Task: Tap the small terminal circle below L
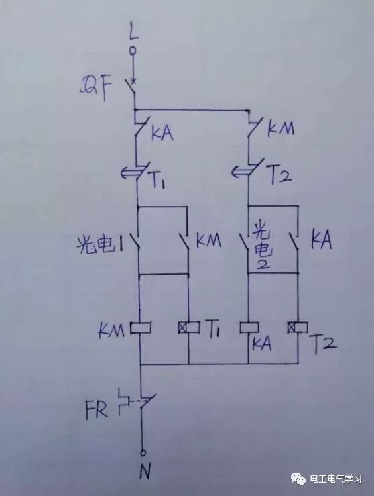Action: pyautogui.click(x=133, y=50)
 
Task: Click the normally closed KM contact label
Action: pyautogui.click(x=281, y=128)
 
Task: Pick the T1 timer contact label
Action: pyautogui.click(x=158, y=181)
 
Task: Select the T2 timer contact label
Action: pyautogui.click(x=279, y=175)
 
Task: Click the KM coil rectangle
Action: pyautogui.click(x=140, y=328)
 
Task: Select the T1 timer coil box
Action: pyautogui.click(x=188, y=328)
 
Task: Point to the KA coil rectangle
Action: pyautogui.click(x=249, y=328)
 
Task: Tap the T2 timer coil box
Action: pyautogui.click(x=298, y=328)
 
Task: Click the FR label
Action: pyautogui.click(x=96, y=410)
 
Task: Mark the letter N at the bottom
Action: pyautogui.click(x=145, y=470)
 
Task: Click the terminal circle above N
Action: pyautogui.click(x=143, y=452)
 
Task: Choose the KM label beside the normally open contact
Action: pyautogui.click(x=208, y=241)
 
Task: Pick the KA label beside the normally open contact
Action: pyautogui.click(x=321, y=240)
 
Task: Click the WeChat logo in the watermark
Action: pyautogui.click(x=298, y=478)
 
